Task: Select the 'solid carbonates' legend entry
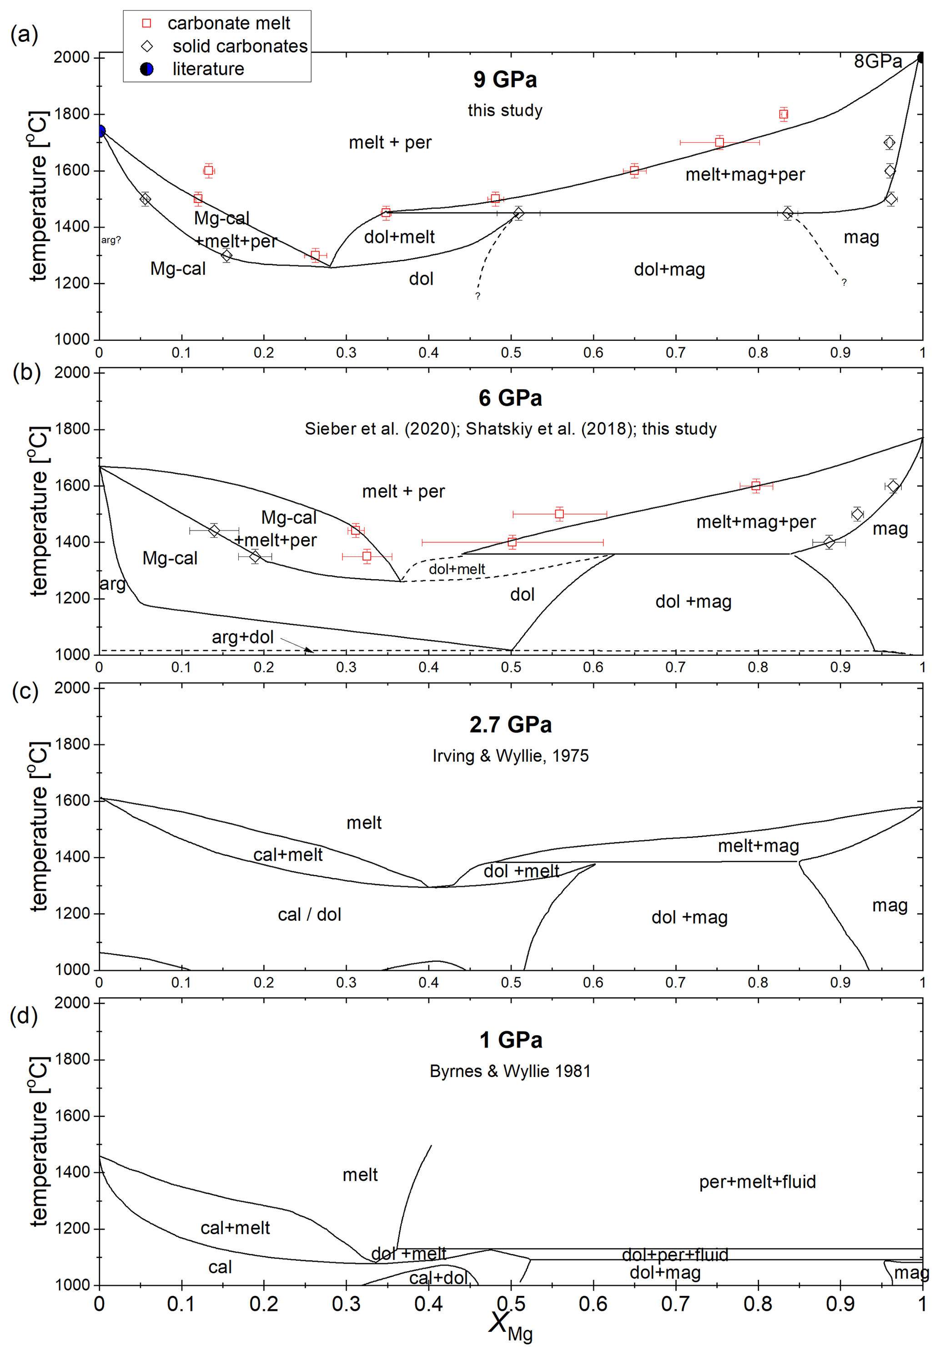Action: tap(239, 46)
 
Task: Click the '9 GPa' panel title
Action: tap(505, 80)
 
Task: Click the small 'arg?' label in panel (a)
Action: tap(111, 240)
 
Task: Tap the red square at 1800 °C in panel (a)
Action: tap(783, 114)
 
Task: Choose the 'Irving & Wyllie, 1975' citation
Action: tap(510, 756)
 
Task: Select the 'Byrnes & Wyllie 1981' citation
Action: tap(510, 1071)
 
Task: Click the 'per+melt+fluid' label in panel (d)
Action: tap(758, 1182)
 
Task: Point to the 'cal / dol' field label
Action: tap(309, 915)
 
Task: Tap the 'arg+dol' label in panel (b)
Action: tap(243, 637)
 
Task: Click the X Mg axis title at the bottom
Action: tap(510, 1325)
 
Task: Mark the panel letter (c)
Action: tap(25, 690)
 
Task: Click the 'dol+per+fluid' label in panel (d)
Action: tap(675, 1255)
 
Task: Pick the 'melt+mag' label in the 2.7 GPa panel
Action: tap(758, 846)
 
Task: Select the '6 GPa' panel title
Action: tap(510, 398)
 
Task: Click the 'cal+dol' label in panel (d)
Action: tap(439, 1278)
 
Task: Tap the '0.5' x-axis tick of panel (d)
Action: tap(511, 1304)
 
